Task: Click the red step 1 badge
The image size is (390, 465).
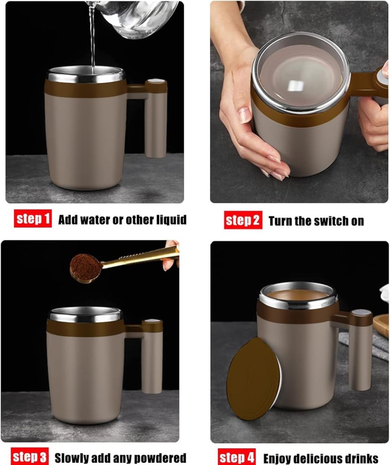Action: pyautogui.click(x=32, y=219)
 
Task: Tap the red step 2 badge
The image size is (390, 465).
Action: pyautogui.click(x=243, y=221)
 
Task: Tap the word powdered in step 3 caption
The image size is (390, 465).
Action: pyautogui.click(x=161, y=458)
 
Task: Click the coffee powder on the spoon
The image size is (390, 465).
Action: pyautogui.click(x=85, y=267)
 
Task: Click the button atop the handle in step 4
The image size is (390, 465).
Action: pyautogui.click(x=361, y=312)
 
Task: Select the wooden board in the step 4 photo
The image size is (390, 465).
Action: pyautogui.click(x=381, y=327)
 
